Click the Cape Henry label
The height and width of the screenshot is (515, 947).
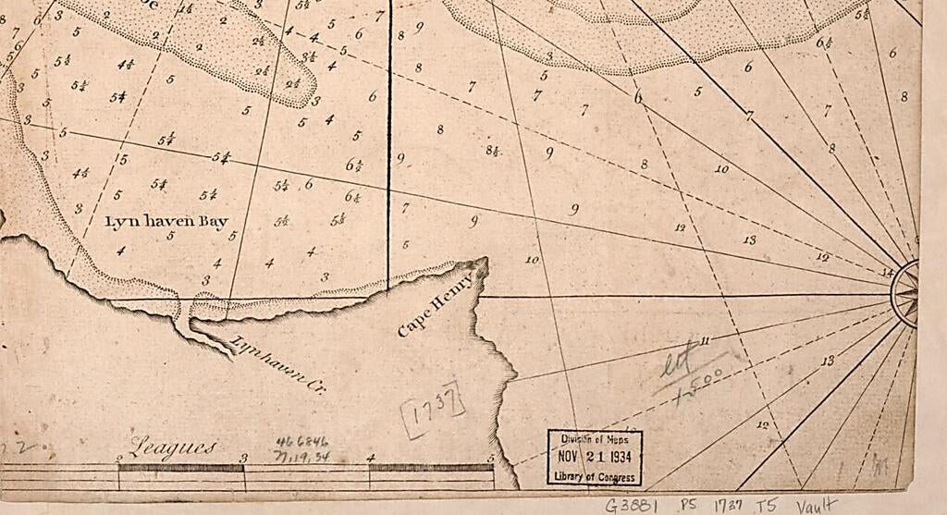(x=435, y=302)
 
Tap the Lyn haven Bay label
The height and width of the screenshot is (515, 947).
(x=166, y=222)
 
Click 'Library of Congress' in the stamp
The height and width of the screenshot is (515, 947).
(x=594, y=477)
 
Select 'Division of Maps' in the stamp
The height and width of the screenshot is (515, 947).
(x=594, y=440)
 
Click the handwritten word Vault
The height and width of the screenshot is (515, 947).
(x=816, y=505)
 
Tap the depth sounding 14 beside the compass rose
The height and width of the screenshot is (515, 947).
(x=889, y=272)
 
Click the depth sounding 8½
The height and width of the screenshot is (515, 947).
(x=493, y=151)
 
